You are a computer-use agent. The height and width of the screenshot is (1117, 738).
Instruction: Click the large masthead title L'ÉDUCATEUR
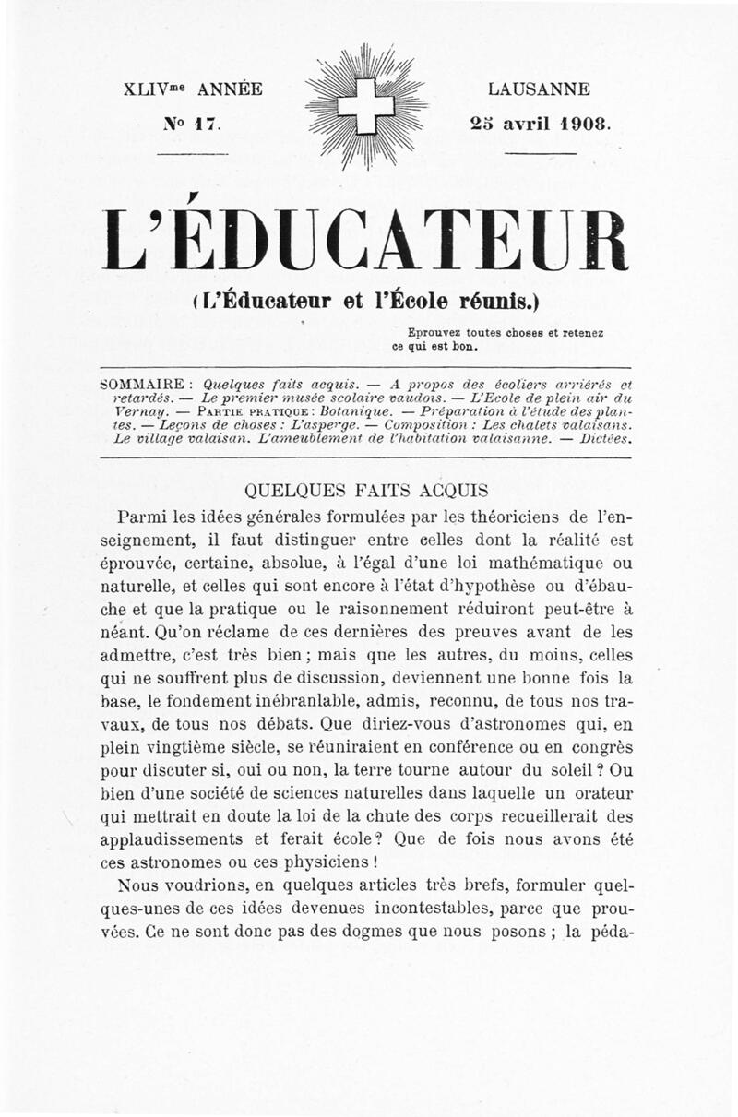(367, 240)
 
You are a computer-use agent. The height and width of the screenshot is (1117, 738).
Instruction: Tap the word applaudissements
(190, 840)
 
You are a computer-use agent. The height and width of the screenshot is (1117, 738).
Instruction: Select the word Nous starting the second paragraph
(138, 886)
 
